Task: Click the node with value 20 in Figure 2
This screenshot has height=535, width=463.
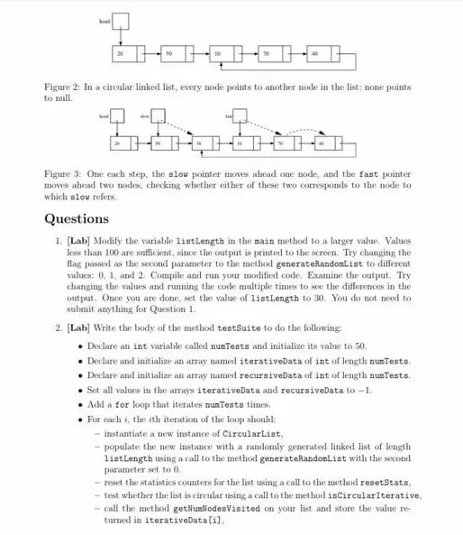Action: tap(121, 54)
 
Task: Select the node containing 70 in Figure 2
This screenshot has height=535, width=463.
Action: tap(267, 54)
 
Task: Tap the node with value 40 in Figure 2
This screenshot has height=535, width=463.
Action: tap(314, 54)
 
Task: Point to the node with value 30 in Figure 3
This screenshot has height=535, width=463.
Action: tap(199, 143)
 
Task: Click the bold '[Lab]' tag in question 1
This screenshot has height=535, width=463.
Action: tap(80, 242)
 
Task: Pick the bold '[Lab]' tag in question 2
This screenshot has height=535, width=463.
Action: tap(80, 327)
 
